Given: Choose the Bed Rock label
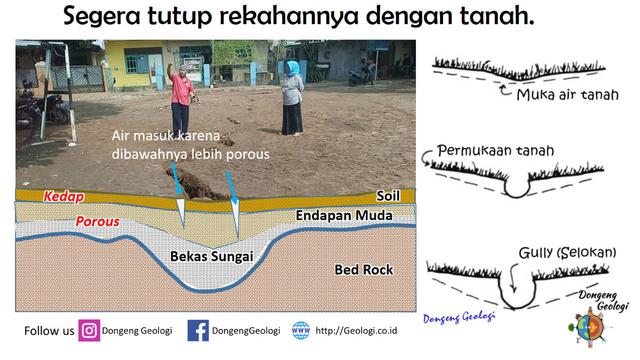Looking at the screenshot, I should pos(364,270).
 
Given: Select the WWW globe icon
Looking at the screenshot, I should pos(300,330).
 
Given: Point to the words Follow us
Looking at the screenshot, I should pos(48,330).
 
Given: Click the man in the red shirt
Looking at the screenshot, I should pos(182,100).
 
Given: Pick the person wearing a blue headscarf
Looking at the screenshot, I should pos(292,97).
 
